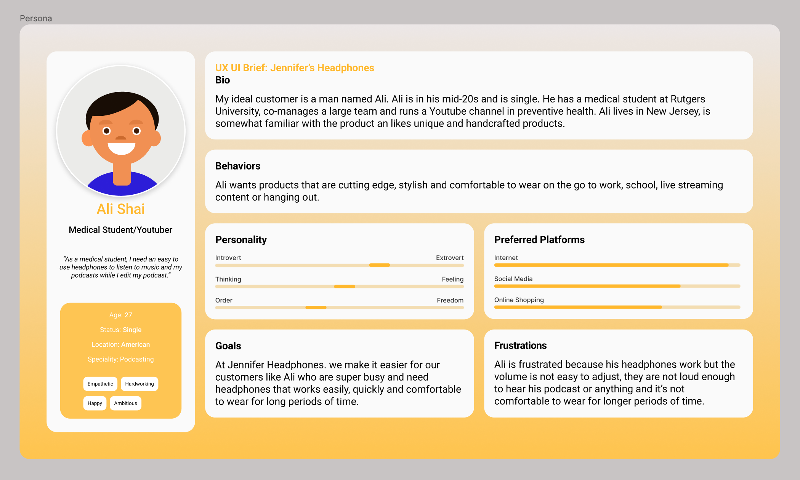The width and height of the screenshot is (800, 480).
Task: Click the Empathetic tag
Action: [100, 384]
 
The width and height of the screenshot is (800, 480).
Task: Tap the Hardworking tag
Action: [139, 384]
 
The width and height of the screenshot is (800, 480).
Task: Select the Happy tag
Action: [95, 403]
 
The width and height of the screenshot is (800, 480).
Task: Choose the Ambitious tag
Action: [125, 403]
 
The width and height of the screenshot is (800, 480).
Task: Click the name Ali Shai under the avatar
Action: [120, 209]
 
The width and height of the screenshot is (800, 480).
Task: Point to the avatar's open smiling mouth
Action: [121, 148]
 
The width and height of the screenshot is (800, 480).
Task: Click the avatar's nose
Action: [121, 138]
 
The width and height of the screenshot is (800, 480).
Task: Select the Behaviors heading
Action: [237, 166]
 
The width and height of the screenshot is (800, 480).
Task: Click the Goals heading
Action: [228, 346]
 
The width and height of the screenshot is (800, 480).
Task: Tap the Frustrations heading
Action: [520, 346]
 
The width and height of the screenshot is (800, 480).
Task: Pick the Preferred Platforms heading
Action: [539, 240]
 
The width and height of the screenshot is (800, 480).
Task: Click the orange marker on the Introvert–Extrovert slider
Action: [379, 265]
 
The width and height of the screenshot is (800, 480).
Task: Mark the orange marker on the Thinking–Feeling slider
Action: [345, 286]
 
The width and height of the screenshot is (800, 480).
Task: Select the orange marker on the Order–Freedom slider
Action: [316, 307]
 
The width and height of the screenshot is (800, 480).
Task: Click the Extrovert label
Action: [450, 258]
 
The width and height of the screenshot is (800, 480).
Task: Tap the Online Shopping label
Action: [519, 300]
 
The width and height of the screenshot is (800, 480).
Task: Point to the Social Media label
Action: [513, 279]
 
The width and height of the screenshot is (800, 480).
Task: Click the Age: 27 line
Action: [120, 315]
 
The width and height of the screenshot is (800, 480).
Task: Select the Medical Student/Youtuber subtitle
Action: [120, 230]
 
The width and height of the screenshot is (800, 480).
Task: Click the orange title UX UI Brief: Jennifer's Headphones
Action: [295, 68]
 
